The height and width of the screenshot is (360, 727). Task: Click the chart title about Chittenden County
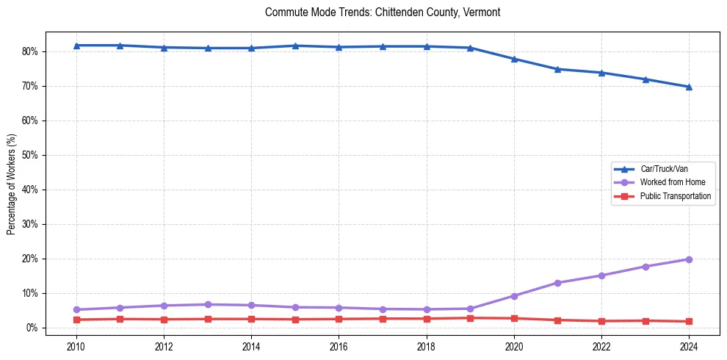tap(383, 12)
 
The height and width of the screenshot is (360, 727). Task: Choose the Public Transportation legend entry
tap(675, 196)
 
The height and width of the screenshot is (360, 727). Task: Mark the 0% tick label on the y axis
tap(32, 328)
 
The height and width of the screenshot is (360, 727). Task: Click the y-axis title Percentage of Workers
tap(12, 184)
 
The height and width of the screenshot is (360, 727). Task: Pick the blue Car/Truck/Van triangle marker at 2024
tap(689, 87)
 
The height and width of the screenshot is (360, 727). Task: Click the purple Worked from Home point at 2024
tap(689, 259)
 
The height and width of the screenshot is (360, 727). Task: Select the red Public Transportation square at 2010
tap(76, 320)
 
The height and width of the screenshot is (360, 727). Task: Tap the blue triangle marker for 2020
tap(514, 59)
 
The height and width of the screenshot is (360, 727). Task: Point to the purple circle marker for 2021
tap(557, 283)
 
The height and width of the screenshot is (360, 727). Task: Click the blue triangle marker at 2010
tap(76, 46)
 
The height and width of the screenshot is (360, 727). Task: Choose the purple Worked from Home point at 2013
tap(208, 304)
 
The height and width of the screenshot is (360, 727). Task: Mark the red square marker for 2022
tap(601, 321)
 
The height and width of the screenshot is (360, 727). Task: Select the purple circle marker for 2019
tap(470, 309)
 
